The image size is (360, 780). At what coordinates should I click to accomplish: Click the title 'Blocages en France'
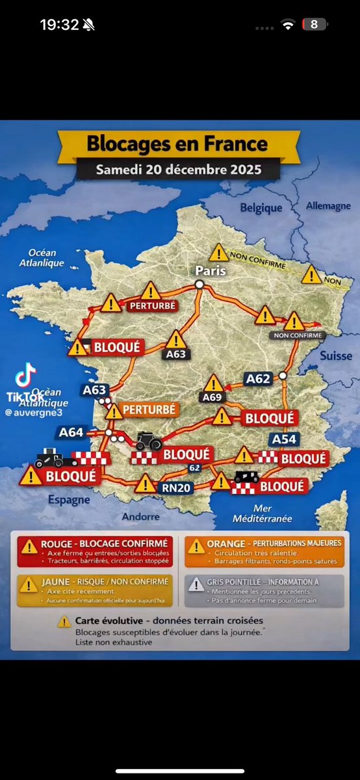(177, 143)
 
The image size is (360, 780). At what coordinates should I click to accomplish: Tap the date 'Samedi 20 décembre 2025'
(179, 170)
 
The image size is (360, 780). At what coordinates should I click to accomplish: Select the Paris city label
(211, 270)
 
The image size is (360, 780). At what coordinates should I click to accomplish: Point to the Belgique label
(261, 208)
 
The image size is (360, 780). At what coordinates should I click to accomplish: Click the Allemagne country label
(328, 206)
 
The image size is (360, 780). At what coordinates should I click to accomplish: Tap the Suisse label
(336, 356)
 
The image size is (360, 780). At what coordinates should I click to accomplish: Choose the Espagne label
(68, 500)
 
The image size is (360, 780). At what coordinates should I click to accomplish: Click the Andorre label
(141, 516)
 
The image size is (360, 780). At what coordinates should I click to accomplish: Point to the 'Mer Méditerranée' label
(263, 513)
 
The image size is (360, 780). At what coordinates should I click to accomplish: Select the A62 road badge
(257, 378)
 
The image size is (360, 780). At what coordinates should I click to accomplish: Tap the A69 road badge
(212, 397)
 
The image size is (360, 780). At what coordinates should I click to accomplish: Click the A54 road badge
(284, 439)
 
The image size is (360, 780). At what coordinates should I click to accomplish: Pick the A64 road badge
(71, 432)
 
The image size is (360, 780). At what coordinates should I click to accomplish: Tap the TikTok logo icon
(25, 376)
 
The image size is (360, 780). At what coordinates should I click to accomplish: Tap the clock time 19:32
(60, 25)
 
